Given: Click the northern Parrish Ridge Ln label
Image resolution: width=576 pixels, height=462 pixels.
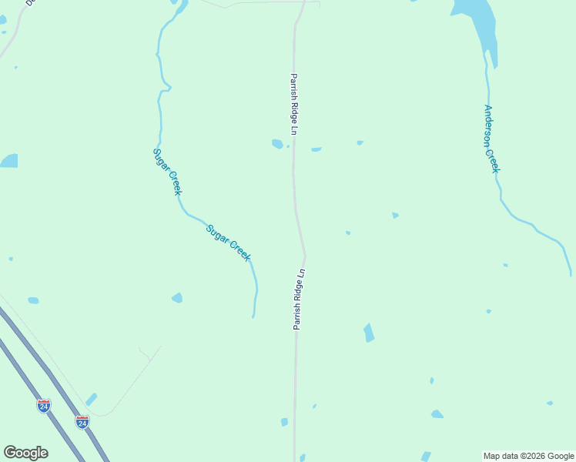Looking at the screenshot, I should [x=293, y=105].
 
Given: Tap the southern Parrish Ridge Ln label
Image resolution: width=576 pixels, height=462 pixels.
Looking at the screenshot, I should [x=299, y=300].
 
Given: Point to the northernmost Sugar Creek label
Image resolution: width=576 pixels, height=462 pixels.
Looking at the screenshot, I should [x=167, y=171].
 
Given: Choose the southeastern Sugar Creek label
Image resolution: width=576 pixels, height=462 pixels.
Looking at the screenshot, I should [x=228, y=243].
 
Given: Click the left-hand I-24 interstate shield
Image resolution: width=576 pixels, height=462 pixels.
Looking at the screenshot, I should [x=44, y=405].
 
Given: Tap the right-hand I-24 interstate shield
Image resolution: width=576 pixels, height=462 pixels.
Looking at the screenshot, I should [x=82, y=421].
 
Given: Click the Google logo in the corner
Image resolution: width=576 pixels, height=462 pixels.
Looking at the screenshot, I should [x=25, y=453].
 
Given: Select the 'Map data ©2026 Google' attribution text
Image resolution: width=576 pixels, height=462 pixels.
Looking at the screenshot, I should [x=529, y=456].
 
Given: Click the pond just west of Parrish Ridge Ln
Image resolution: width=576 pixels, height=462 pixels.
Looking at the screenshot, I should [x=277, y=143].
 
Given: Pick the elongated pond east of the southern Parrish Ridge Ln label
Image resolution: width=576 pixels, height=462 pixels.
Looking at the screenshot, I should [x=369, y=333].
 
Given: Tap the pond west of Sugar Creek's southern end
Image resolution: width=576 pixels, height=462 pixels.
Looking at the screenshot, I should [x=177, y=297].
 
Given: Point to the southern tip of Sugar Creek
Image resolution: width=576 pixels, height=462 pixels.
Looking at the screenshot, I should [x=253, y=316].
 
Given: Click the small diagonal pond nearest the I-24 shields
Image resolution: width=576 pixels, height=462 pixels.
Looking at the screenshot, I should [x=91, y=399].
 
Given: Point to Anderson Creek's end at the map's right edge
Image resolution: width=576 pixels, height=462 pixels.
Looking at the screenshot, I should [x=571, y=273].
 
